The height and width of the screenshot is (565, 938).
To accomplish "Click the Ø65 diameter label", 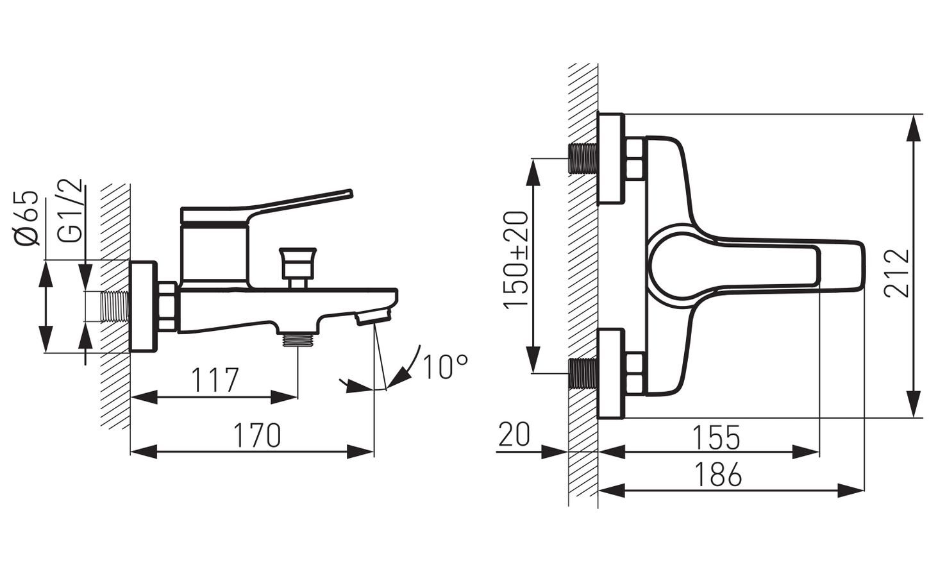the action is (x=27, y=218).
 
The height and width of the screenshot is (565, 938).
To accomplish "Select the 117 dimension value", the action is (x=215, y=380).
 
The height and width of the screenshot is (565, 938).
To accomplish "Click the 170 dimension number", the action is (x=256, y=435).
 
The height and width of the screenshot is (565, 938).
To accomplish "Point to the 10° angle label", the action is (x=445, y=367).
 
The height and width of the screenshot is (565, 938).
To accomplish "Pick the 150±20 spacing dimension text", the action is (x=516, y=260).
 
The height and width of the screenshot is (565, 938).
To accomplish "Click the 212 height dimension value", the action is (x=898, y=273).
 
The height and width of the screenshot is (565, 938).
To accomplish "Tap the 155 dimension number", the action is (x=716, y=437).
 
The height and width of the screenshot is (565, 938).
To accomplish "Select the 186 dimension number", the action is (x=717, y=475).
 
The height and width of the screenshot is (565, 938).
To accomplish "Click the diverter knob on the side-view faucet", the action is (x=297, y=263).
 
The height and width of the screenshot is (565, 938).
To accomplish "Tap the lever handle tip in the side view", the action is (x=349, y=193).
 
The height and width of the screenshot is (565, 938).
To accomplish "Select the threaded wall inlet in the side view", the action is (x=114, y=307).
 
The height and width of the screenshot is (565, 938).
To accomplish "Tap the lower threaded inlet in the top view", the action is (x=583, y=374).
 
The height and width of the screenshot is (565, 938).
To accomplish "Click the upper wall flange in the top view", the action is (x=611, y=159).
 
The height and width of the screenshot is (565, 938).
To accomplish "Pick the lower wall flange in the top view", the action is (x=611, y=374).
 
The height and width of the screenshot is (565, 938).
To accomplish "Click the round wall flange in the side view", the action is (x=143, y=306).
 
